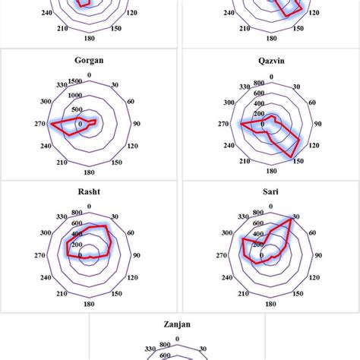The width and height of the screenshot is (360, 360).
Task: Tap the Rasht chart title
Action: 90,192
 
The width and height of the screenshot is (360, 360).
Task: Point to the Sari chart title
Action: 270,192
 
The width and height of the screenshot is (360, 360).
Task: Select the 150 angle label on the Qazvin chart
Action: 298,160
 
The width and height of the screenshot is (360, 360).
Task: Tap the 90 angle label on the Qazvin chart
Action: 317,123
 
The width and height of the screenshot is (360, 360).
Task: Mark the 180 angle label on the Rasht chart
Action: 90,303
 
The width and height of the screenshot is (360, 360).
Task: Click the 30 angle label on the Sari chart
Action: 295,216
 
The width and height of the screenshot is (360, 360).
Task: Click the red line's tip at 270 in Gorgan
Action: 51,123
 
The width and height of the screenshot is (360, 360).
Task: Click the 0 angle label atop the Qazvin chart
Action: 270,74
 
